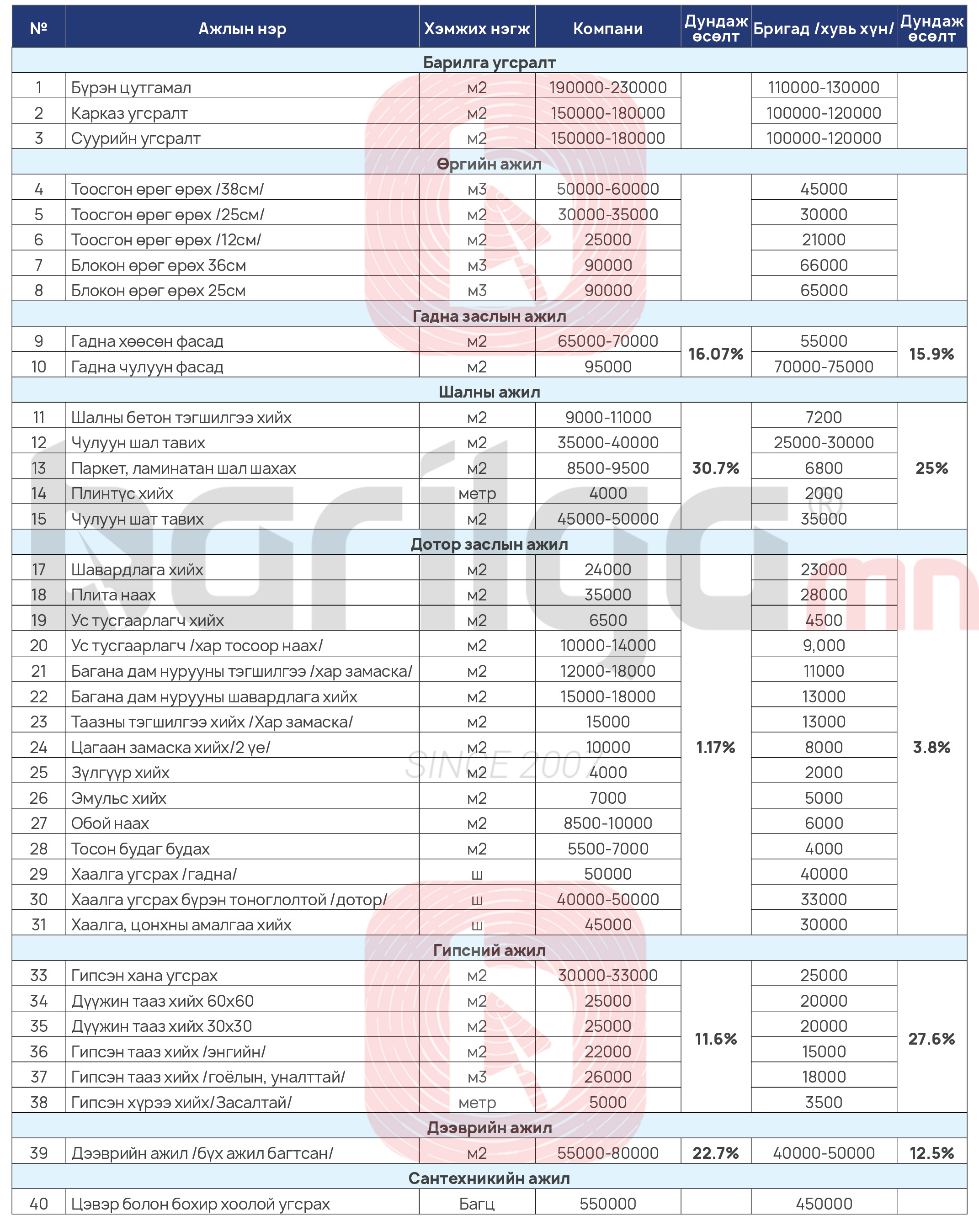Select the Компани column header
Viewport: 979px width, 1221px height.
pos(607,28)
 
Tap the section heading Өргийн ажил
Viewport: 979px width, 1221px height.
pos(489,164)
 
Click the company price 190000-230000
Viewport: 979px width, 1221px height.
pos(607,88)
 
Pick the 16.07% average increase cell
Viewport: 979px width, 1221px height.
pos(716,354)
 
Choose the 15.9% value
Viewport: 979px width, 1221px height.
pos(931,354)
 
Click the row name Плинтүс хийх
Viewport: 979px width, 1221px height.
pos(122,493)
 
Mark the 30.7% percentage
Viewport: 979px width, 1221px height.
pos(716,468)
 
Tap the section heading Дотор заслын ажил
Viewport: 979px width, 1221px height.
pos(489,544)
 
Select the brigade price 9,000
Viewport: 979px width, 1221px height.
pos(824,645)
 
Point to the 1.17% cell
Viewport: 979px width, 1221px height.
pos(716,747)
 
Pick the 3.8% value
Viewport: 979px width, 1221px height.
pos(931,747)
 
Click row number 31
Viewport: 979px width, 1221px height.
pos(38,924)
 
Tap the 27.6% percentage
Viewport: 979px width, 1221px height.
pos(931,1039)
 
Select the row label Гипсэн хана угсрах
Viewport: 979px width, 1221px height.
pos(144,975)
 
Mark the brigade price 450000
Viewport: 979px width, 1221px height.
pos(824,1204)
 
